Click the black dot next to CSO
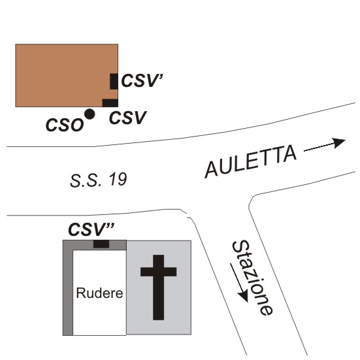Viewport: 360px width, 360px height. coord(90,114)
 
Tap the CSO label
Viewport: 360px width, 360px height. coord(65,125)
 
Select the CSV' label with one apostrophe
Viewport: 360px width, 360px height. coord(142,80)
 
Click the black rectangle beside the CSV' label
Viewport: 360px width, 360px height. coord(114,81)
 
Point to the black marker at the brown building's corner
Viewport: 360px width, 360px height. coord(110,103)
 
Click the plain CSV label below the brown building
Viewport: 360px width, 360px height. coord(127,118)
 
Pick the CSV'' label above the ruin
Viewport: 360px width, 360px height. coord(91,229)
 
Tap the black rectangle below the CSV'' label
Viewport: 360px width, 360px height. coord(101,244)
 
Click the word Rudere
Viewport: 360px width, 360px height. coord(99,293)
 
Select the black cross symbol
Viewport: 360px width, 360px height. coord(158,287)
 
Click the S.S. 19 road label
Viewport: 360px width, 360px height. coord(98,180)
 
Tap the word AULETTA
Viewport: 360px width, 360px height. coord(250,161)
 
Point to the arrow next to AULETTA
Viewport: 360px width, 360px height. coord(325,145)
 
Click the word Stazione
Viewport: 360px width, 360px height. coord(253,278)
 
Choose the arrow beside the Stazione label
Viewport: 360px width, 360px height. coord(239,283)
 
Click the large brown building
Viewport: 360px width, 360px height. coord(67,76)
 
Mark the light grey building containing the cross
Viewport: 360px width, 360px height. coord(159,287)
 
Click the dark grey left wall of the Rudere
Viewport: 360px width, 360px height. coord(68,291)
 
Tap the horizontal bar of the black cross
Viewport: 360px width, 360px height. coord(158,272)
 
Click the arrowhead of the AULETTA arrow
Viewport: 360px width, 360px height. coord(340,143)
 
